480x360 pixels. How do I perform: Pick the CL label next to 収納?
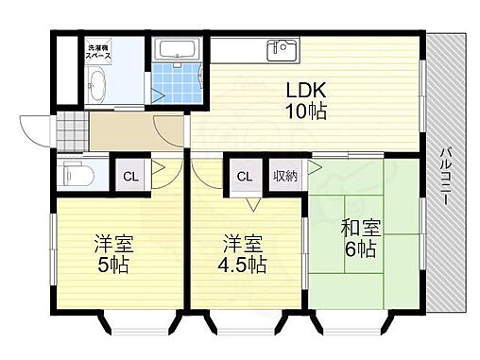pos(245,176)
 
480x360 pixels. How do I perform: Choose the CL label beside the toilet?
pos(128,176)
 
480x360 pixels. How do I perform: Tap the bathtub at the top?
pos(177,49)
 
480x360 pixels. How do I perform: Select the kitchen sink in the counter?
pos(282,49)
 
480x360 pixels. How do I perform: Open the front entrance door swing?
pos(36,129)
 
